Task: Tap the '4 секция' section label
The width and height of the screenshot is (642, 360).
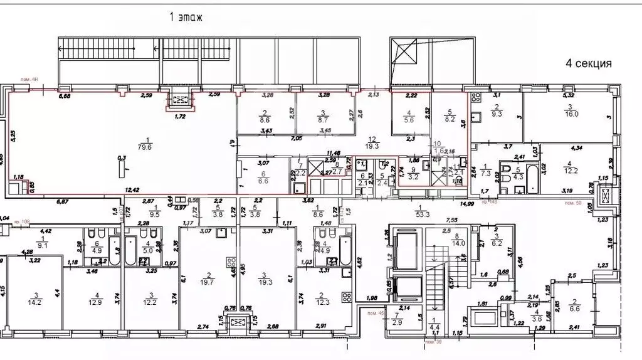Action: click(x=588, y=63)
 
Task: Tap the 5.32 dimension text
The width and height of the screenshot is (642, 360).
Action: click(x=569, y=96)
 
